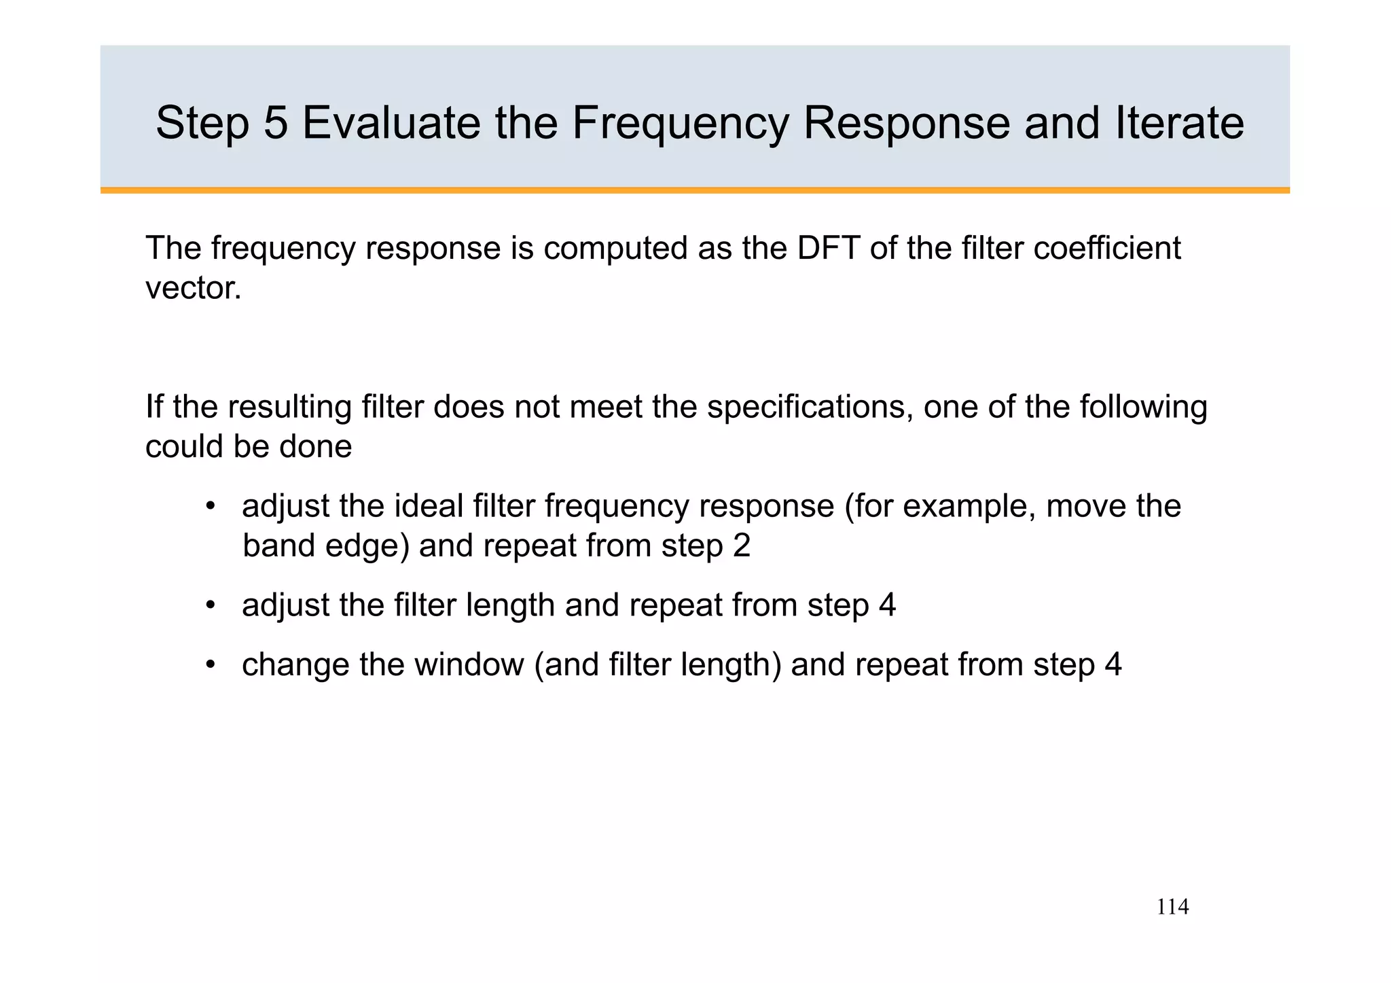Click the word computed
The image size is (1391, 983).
619,249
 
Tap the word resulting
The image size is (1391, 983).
289,408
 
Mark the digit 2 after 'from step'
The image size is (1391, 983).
742,546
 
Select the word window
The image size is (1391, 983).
469,664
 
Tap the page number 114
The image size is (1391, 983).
1172,907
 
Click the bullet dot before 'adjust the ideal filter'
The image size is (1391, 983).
211,507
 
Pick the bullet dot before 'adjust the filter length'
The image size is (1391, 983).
211,605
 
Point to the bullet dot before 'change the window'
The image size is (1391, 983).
211,664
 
